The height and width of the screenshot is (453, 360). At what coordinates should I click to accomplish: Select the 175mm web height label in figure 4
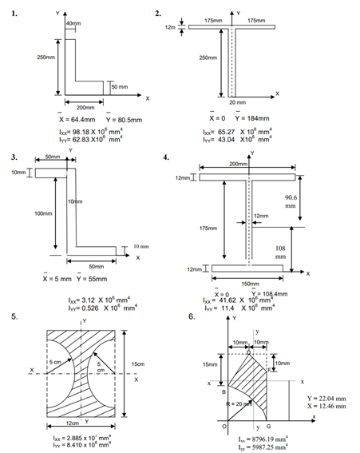209,228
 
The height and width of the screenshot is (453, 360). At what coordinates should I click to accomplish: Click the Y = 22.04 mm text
326,397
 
